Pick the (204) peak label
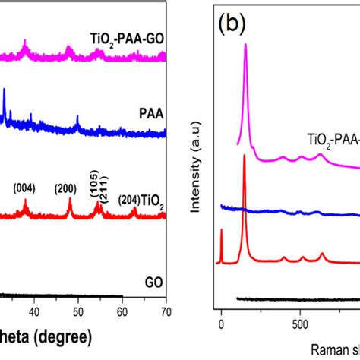tap(129, 200)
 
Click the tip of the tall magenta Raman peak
tap(245, 45)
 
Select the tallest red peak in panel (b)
tap(244, 155)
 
